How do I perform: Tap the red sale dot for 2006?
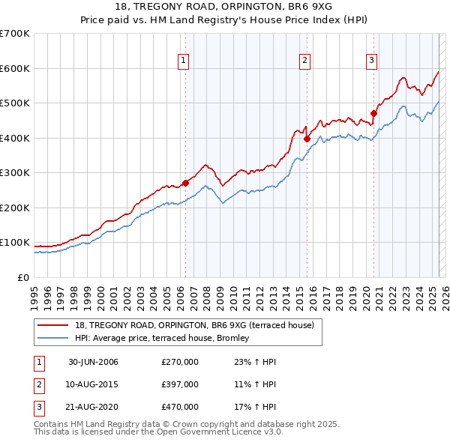pyautogui.click(x=185, y=183)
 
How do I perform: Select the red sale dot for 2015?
pyautogui.click(x=307, y=139)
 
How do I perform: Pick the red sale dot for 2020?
pyautogui.click(x=373, y=114)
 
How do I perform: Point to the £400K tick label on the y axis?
pyautogui.click(x=15, y=138)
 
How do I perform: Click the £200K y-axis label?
pyautogui.click(x=15, y=208)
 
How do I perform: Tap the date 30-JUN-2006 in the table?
pyautogui.click(x=93, y=362)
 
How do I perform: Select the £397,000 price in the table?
pyautogui.click(x=180, y=384)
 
